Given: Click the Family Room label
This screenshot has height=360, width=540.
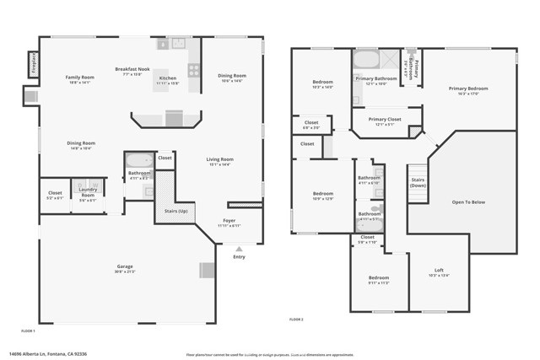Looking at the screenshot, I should click(x=80, y=78).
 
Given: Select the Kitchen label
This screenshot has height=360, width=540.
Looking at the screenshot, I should click(x=167, y=78).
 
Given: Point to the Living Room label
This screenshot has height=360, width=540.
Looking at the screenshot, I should click(x=220, y=159).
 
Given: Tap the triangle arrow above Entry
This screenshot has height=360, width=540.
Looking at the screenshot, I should click(x=239, y=249).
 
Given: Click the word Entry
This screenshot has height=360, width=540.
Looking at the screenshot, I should click(x=239, y=257).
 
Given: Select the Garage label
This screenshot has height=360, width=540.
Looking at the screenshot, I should click(x=124, y=266).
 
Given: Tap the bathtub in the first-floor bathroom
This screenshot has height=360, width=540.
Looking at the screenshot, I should click(x=138, y=160).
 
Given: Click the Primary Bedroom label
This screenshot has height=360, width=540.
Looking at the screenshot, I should click(x=468, y=88).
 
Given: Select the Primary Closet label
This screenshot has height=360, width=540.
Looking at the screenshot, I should click(x=383, y=120).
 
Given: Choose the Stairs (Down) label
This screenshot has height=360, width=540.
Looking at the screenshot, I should click(x=418, y=182).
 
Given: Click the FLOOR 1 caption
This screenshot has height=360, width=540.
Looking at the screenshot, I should click(x=28, y=330).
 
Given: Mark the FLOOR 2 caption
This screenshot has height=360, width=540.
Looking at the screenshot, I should click(x=295, y=320).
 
